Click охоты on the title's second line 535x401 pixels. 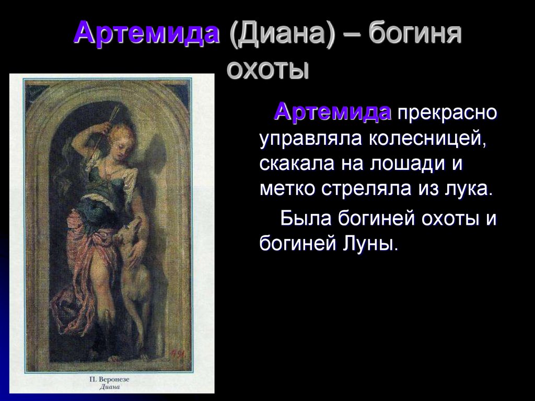(267, 69)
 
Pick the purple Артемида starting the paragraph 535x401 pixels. (333, 111)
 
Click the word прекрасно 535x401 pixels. (447, 112)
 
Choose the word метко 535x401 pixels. (287, 189)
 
